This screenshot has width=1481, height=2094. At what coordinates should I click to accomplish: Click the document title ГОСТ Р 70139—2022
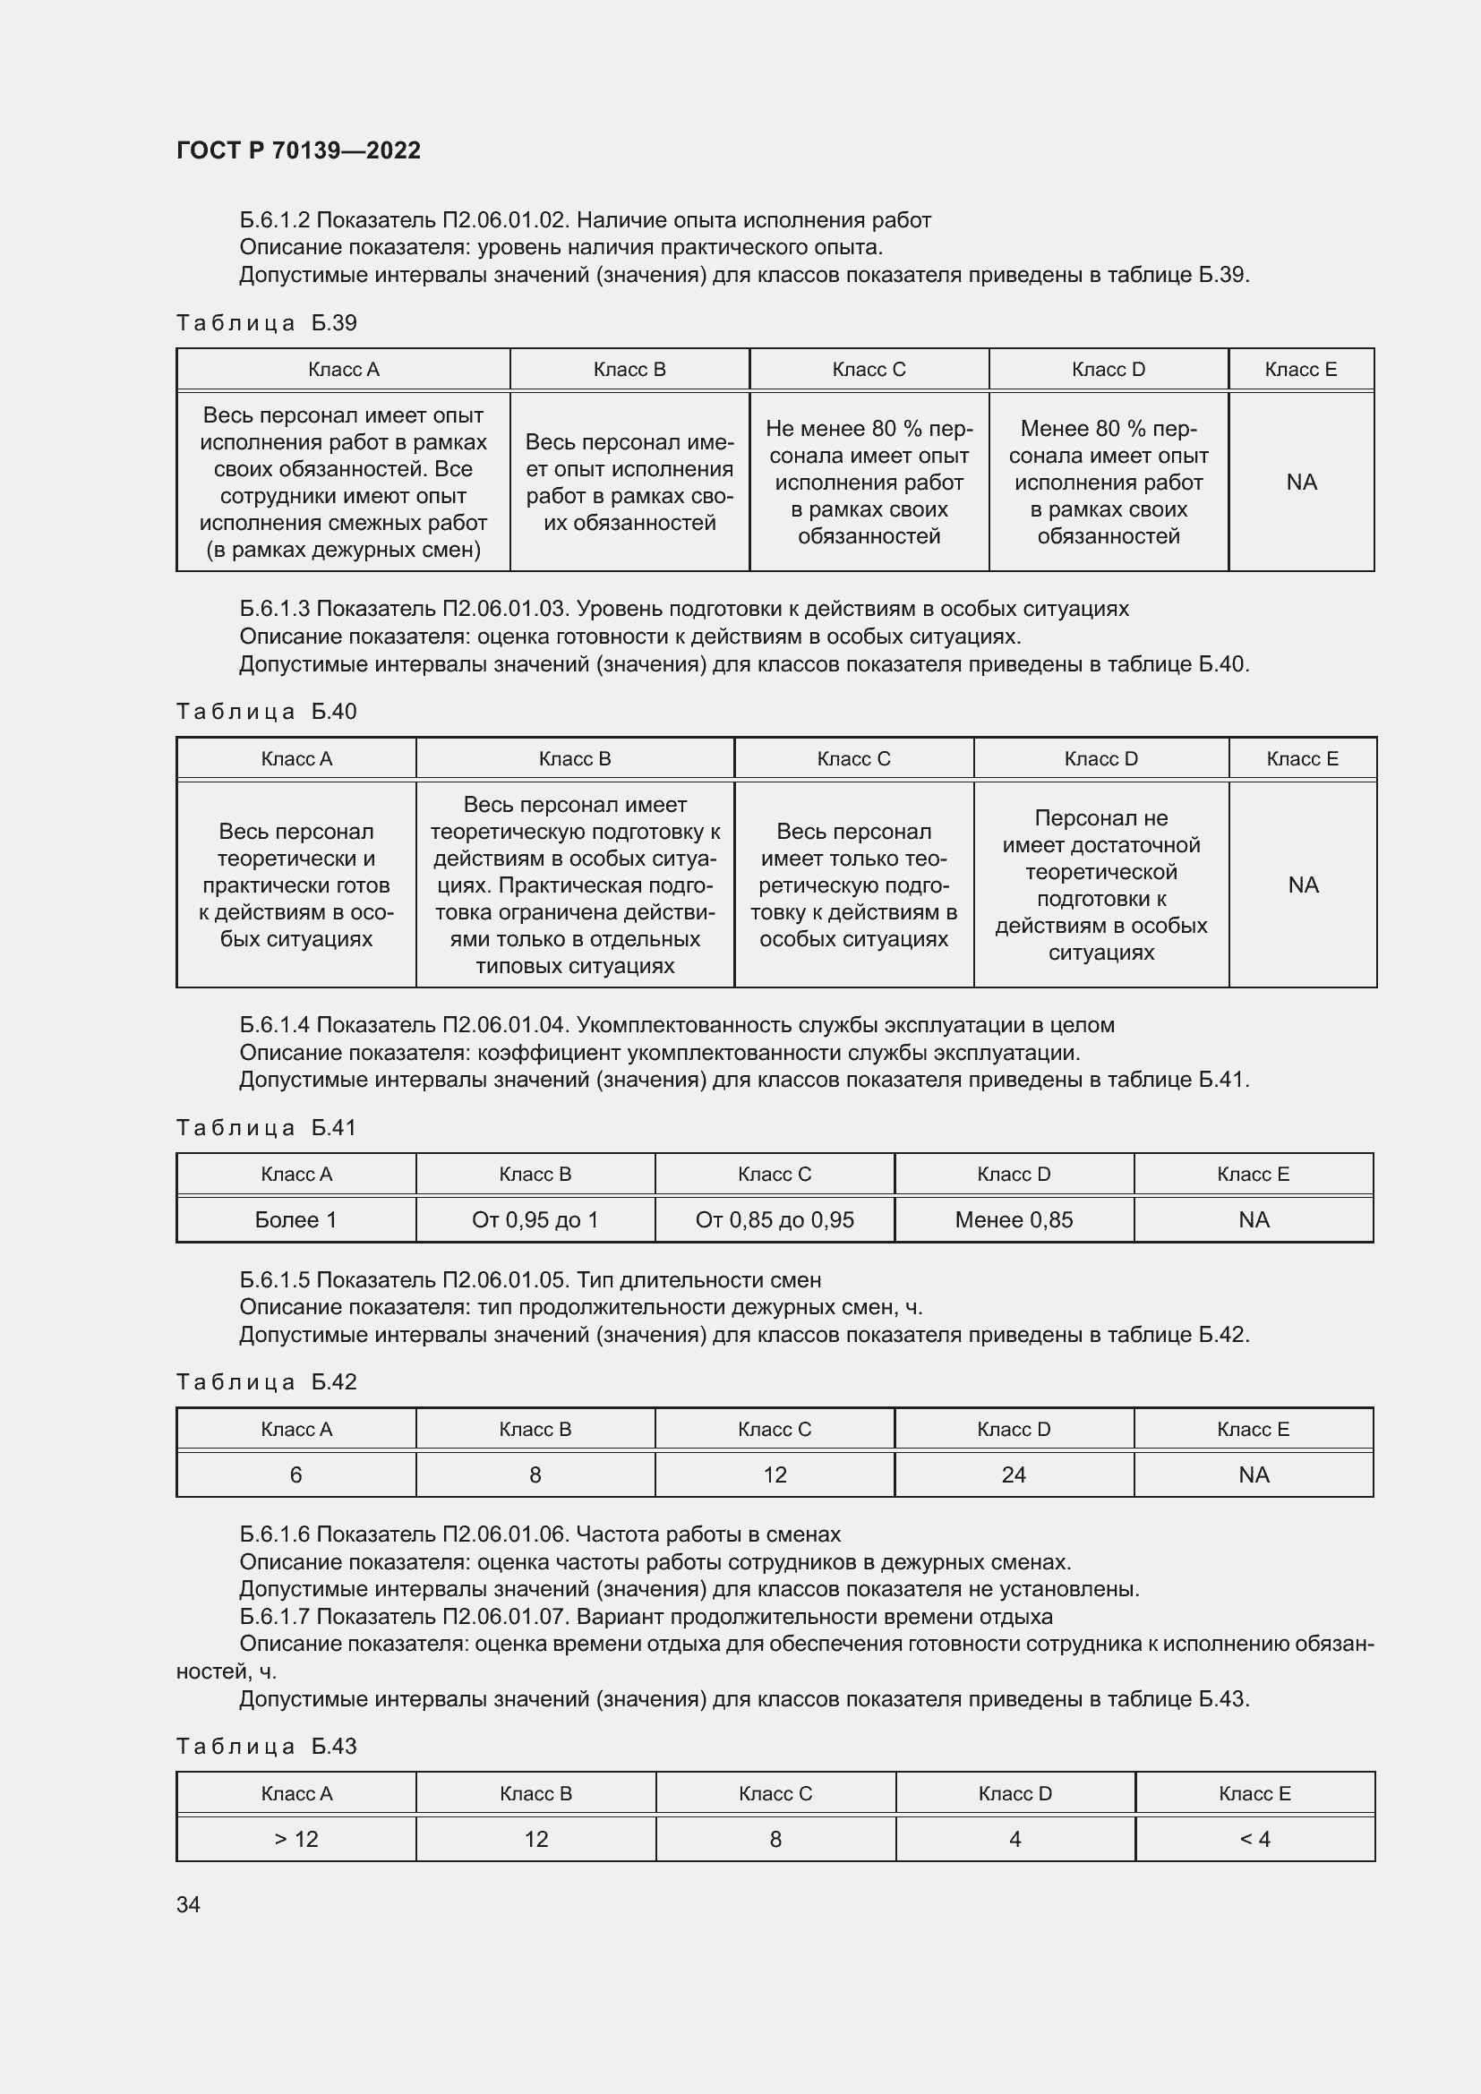298,150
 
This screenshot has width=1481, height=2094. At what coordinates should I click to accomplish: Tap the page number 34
188,1904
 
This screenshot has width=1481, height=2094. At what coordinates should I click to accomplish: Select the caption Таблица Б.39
266,323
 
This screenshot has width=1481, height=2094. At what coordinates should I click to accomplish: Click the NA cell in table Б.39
1301,482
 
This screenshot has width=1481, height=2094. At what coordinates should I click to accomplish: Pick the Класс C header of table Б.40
853,759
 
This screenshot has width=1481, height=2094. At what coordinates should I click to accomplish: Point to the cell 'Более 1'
295,1219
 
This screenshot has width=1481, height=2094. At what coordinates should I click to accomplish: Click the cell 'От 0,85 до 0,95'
775,1219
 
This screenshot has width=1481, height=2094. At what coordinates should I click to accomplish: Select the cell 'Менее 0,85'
1014,1219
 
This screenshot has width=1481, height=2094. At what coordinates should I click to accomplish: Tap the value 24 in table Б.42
1014,1474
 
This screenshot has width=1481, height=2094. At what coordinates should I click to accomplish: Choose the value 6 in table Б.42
295,1474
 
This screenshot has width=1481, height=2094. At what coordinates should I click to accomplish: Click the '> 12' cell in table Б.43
295,1839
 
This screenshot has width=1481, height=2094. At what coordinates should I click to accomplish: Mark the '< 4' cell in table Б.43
1254,1839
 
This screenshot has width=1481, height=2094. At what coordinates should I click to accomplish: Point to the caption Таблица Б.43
266,1746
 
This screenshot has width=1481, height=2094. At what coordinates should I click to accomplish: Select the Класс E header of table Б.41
1253,1174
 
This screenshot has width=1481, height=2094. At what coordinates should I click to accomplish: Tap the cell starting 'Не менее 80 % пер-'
869,482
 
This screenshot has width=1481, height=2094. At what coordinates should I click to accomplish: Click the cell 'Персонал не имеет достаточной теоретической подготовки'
1100,885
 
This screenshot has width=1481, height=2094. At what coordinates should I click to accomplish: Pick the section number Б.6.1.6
275,1534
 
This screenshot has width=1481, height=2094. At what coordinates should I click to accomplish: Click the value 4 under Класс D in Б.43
1015,1839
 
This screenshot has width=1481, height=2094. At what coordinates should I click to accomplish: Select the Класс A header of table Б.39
343,370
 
